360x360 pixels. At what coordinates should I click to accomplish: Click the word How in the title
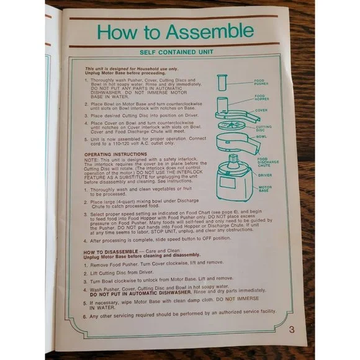[121, 31]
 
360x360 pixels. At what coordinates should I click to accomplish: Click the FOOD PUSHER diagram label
[262, 81]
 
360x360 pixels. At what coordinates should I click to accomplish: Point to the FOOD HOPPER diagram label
[262, 97]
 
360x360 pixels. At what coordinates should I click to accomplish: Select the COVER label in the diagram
[261, 110]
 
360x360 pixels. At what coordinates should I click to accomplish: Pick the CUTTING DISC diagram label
[263, 128]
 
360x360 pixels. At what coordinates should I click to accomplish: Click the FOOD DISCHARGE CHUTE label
[265, 163]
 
